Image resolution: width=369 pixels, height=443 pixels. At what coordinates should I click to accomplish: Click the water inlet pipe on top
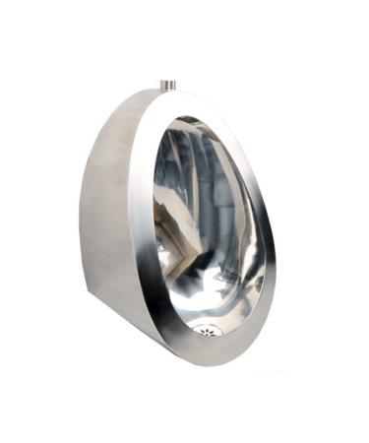(168, 85)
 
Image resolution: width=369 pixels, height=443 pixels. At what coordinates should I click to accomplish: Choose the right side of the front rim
(266, 246)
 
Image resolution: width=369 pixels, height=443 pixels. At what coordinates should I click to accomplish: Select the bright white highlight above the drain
(197, 295)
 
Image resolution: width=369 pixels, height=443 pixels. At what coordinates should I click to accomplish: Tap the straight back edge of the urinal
(82, 226)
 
